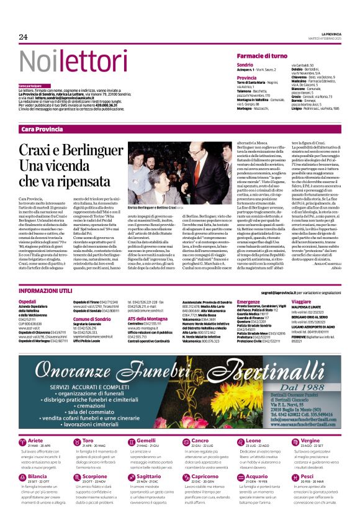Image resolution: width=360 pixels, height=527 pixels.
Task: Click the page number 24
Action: coord(23,37)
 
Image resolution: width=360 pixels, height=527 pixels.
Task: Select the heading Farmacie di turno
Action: coord(261,56)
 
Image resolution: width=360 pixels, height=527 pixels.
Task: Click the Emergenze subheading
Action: coord(248,301)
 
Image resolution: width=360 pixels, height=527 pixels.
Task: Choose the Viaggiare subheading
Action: coord(302,301)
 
